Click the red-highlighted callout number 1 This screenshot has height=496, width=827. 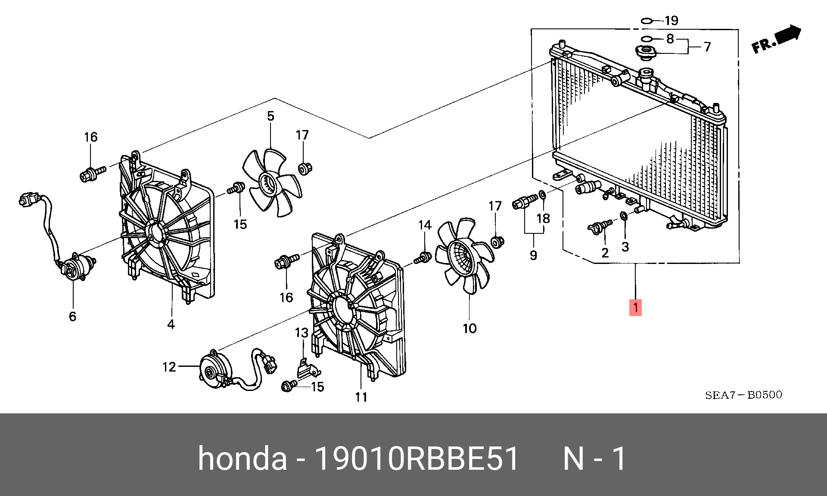point(635,307)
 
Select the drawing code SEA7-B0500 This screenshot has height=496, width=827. point(743,395)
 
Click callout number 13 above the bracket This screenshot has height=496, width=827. point(302,332)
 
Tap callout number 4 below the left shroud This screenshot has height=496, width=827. point(171,324)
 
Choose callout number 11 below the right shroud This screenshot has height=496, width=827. point(361,397)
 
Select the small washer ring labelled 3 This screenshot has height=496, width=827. point(624,215)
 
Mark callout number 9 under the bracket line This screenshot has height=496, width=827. point(533,255)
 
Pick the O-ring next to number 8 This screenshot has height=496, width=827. point(646,39)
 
